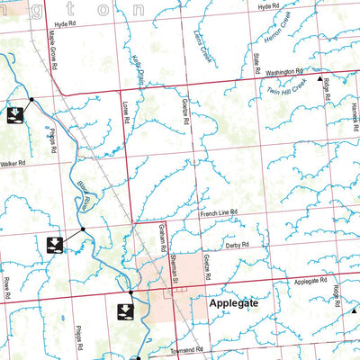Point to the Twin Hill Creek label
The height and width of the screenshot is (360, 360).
click(286, 86)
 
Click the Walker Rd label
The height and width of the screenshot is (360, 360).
click(14, 164)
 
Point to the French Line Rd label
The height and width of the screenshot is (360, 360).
click(218, 212)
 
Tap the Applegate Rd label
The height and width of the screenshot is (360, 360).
click(313, 282)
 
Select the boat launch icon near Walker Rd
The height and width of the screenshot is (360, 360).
click(14, 115)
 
